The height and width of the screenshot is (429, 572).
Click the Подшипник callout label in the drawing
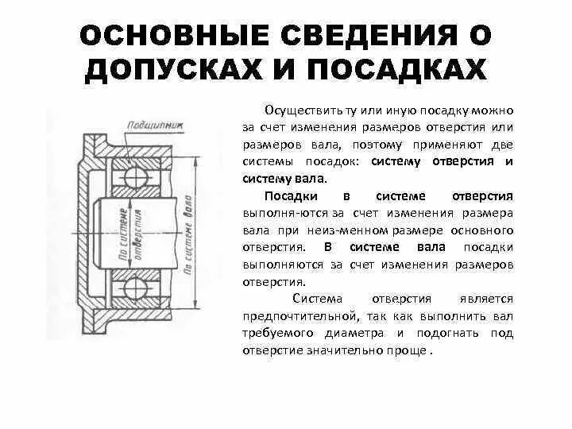pyautogui.click(x=149, y=125)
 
